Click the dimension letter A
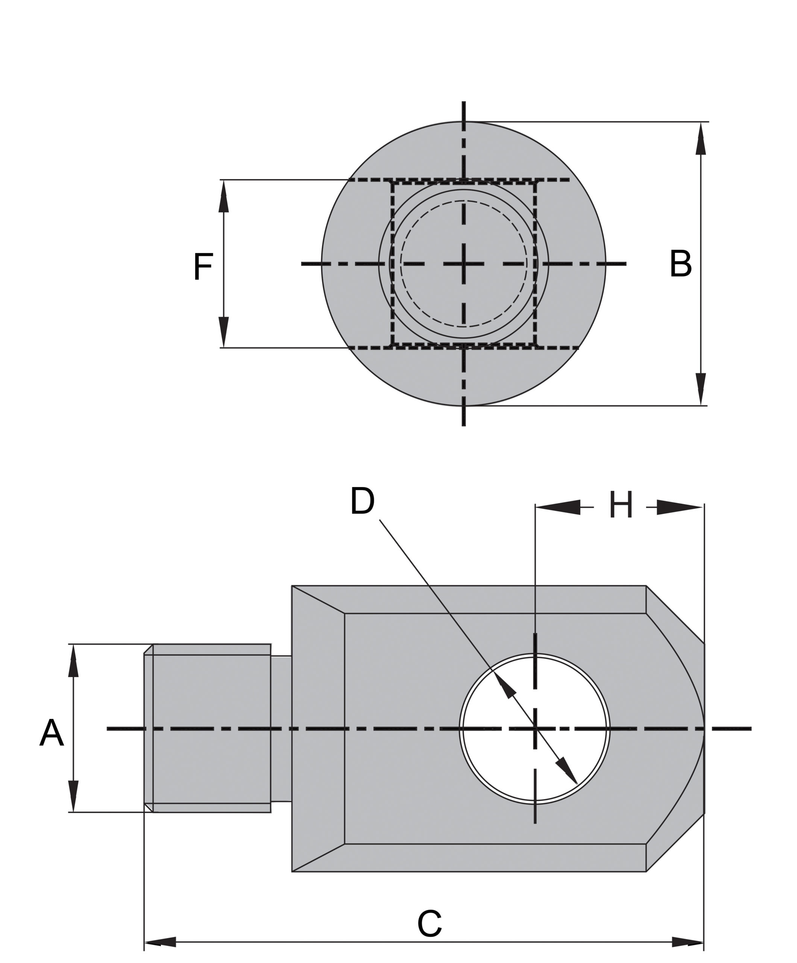tap(52, 733)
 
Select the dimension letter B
tap(680, 264)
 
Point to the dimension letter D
tap(362, 501)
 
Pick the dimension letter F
tap(203, 266)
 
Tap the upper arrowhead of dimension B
tap(701, 138)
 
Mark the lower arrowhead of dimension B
tap(701, 389)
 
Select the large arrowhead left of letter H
tap(558, 507)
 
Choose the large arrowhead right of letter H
tap(680, 507)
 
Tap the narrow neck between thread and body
tap(281, 729)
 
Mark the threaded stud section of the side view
tap(207, 728)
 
